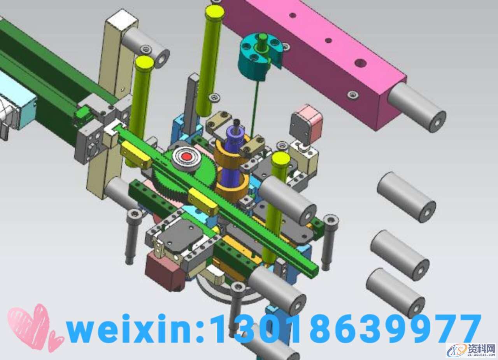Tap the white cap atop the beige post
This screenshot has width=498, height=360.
(121, 21)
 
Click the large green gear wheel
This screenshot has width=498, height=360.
(184, 176)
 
